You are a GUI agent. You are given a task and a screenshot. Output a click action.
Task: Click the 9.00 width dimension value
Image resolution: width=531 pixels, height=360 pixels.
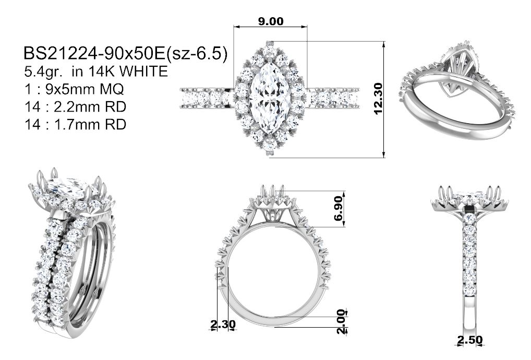tap(271, 21)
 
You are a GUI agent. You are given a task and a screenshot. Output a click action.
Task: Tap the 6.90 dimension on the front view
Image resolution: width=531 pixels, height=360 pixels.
tap(339, 209)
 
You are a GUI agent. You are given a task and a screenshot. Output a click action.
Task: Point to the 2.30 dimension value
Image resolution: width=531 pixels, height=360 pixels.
tap(223, 325)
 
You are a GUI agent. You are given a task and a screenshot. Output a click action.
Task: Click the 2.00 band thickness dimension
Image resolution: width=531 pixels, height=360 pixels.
tap(341, 321)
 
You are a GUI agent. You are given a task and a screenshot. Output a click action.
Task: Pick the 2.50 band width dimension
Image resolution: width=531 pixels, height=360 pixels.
tap(469, 340)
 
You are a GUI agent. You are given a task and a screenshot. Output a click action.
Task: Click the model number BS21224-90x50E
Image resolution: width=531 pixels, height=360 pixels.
tap(94, 54)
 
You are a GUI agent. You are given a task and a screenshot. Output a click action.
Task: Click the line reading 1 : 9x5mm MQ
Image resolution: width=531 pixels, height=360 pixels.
tap(74, 89)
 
